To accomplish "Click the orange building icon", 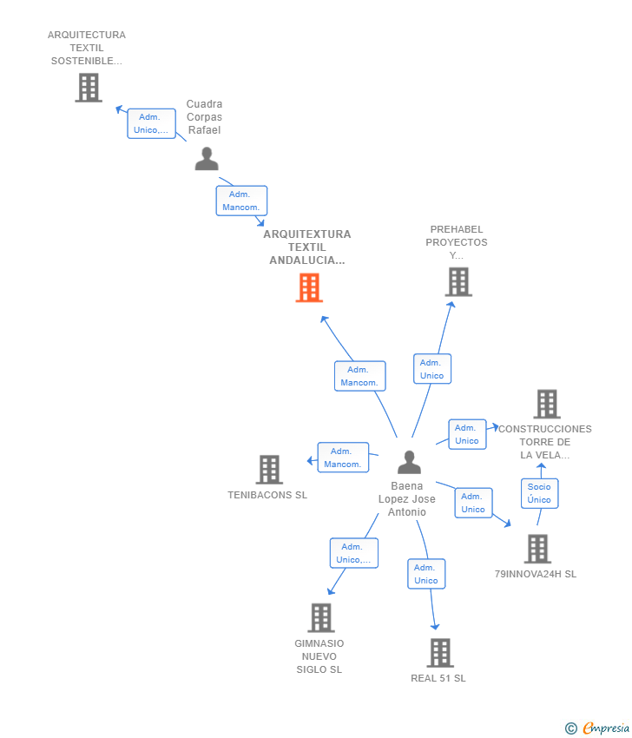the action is pyautogui.click(x=309, y=287).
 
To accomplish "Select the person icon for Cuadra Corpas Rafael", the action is pyautogui.click(x=207, y=159).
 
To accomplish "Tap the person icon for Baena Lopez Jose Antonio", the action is pyautogui.click(x=409, y=462).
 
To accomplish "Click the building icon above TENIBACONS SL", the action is pyautogui.click(x=269, y=469).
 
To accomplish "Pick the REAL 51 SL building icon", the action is pyautogui.click(x=440, y=653).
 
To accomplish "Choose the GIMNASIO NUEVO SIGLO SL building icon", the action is pyautogui.click(x=321, y=617).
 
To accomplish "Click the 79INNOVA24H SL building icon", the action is pyautogui.click(x=537, y=549).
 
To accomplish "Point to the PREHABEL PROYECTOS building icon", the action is pyautogui.click(x=458, y=282).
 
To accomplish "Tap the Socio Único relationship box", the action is pyautogui.click(x=539, y=493).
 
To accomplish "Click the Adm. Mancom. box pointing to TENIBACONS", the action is pyautogui.click(x=343, y=457).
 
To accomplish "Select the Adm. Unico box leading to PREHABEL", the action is pyautogui.click(x=432, y=368).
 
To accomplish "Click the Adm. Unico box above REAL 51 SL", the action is pyautogui.click(x=426, y=574).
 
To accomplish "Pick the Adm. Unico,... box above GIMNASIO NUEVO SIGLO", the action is pyautogui.click(x=353, y=553).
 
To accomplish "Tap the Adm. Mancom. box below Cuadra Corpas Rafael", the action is pyautogui.click(x=241, y=201).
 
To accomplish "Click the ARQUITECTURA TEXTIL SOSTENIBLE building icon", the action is pyautogui.click(x=89, y=88).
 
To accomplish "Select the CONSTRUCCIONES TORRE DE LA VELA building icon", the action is pyautogui.click(x=547, y=404).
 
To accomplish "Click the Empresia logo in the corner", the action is pyautogui.click(x=596, y=728).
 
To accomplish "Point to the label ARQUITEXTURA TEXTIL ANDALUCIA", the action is pyautogui.click(x=307, y=247).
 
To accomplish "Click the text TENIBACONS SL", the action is pyautogui.click(x=267, y=495).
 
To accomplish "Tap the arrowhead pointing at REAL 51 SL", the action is pyautogui.click(x=435, y=626).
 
